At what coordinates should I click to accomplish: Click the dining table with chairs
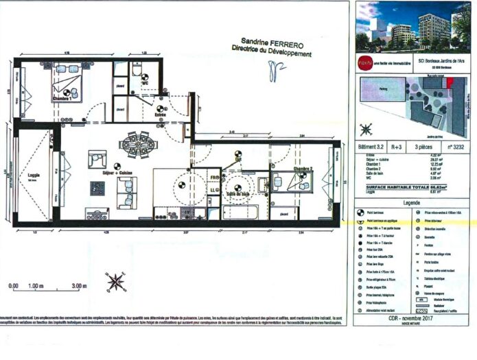point(137,145)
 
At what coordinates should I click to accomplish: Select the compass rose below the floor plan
point(115,282)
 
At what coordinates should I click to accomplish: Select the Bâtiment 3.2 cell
point(371,146)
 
